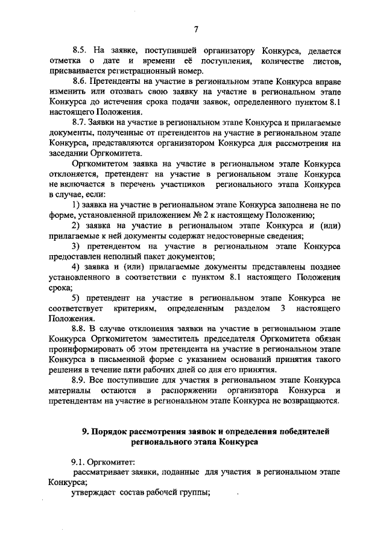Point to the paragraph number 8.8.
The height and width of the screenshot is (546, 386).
tap(79, 328)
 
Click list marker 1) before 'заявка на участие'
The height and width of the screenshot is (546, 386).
tap(76, 205)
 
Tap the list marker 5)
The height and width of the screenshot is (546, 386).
tap(76, 298)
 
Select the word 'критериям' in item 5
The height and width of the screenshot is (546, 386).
tap(135, 308)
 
